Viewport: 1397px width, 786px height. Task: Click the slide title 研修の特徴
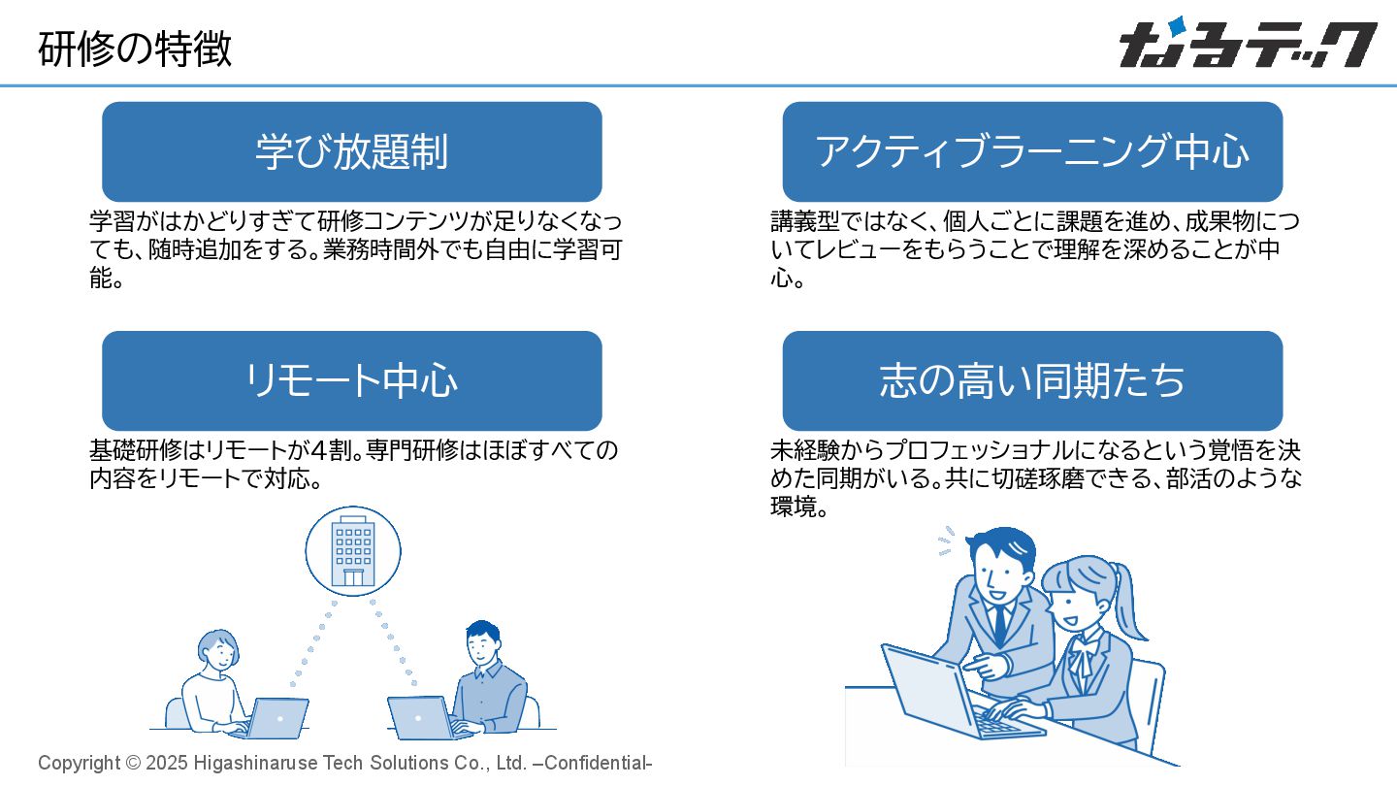pos(135,49)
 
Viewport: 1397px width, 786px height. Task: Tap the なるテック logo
pos(1247,45)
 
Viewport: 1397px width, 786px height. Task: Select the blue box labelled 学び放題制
pos(351,151)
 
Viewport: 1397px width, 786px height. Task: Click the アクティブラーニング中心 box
pos(1032,151)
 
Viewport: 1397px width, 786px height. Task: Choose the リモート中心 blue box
pos(351,380)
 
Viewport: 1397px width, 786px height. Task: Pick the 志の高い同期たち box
pos(1032,380)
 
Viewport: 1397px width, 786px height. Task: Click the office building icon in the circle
pos(353,551)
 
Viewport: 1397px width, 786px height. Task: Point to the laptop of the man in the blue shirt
pos(418,716)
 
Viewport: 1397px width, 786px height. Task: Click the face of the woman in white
pos(219,651)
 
